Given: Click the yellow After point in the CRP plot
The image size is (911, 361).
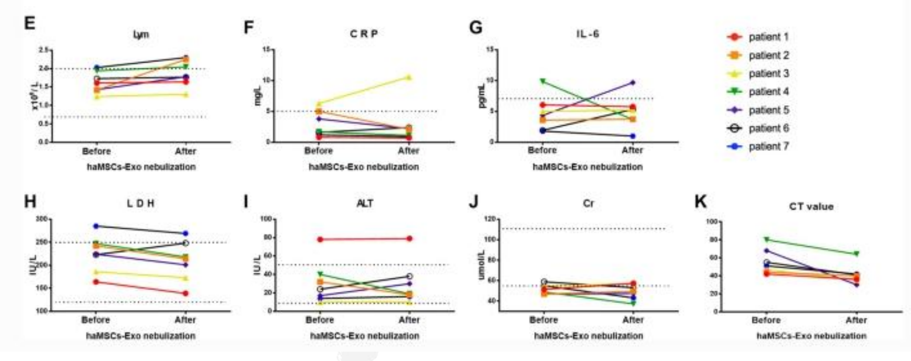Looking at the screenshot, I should click(409, 77).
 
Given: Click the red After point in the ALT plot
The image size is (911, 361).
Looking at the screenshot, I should click(409, 239).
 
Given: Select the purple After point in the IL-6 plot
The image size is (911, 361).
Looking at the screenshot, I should click(632, 82).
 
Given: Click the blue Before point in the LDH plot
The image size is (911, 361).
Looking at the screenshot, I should click(95, 226).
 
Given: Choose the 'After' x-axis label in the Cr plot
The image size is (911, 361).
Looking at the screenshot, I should click(632, 320).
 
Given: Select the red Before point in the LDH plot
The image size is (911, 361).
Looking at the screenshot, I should click(95, 282).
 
